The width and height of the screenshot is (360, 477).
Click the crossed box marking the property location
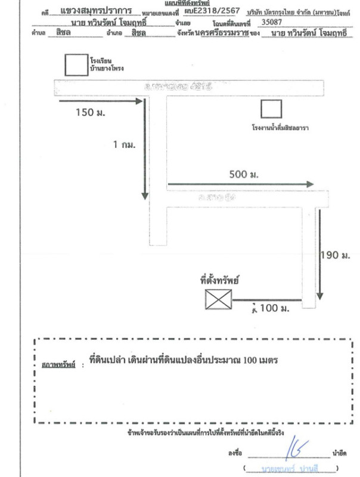click(x=218, y=299)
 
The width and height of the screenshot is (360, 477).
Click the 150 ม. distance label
click(x=92, y=113)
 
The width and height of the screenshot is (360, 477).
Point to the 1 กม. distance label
click(x=125, y=145)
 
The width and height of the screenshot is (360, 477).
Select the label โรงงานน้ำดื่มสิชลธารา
click(x=283, y=128)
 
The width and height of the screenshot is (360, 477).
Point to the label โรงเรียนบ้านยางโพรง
click(x=103, y=64)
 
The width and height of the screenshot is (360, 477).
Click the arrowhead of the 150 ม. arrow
click(x=140, y=101)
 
